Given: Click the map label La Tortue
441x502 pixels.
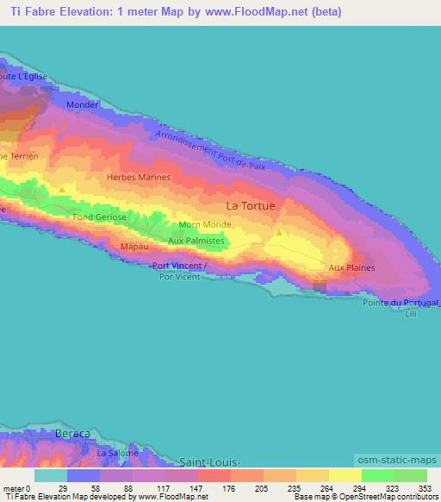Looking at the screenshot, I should point(251,206).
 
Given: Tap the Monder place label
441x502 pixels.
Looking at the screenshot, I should point(83,104).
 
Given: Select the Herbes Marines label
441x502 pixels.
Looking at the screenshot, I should point(139,177).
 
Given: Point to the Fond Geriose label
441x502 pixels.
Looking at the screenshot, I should point(100,217).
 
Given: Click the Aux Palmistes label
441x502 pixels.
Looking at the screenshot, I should point(196,241).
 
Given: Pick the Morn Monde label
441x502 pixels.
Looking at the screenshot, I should point(202,225).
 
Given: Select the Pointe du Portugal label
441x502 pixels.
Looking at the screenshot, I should point(401,304).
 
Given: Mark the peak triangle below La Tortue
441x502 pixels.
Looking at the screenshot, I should point(278,233).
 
